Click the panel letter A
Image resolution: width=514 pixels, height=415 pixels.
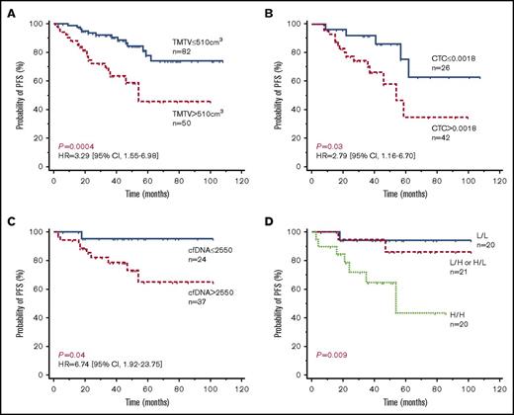pos(9,8)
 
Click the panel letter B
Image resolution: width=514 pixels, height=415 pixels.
pos(269,8)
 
